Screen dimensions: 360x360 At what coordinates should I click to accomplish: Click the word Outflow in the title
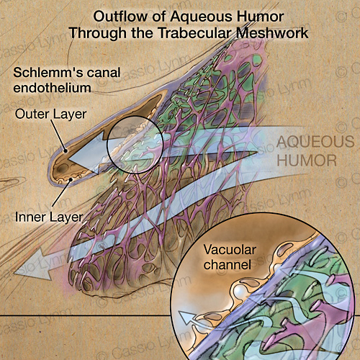tap(120, 17)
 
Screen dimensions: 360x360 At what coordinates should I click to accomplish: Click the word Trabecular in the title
tap(194, 33)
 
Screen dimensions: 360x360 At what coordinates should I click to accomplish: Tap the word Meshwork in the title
tap(272, 33)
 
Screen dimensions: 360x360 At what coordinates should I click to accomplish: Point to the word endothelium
tap(52, 88)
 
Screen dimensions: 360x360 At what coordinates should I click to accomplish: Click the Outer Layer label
tap(50, 114)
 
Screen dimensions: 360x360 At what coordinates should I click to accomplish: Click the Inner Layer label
tap(49, 217)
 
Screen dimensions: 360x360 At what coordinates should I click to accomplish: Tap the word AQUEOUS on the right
tap(315, 142)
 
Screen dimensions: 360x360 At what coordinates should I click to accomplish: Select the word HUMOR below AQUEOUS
tap(307, 161)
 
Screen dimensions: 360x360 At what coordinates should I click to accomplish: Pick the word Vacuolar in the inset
tap(230, 250)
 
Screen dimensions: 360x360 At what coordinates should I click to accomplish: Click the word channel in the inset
tap(228, 265)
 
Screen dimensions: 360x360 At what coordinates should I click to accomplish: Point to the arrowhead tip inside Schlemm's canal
tap(68, 159)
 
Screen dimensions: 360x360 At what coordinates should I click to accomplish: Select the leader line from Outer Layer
tap(58, 136)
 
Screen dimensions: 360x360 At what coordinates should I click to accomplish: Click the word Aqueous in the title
tap(202, 17)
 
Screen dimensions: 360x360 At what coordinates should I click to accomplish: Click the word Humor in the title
tap(261, 17)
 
